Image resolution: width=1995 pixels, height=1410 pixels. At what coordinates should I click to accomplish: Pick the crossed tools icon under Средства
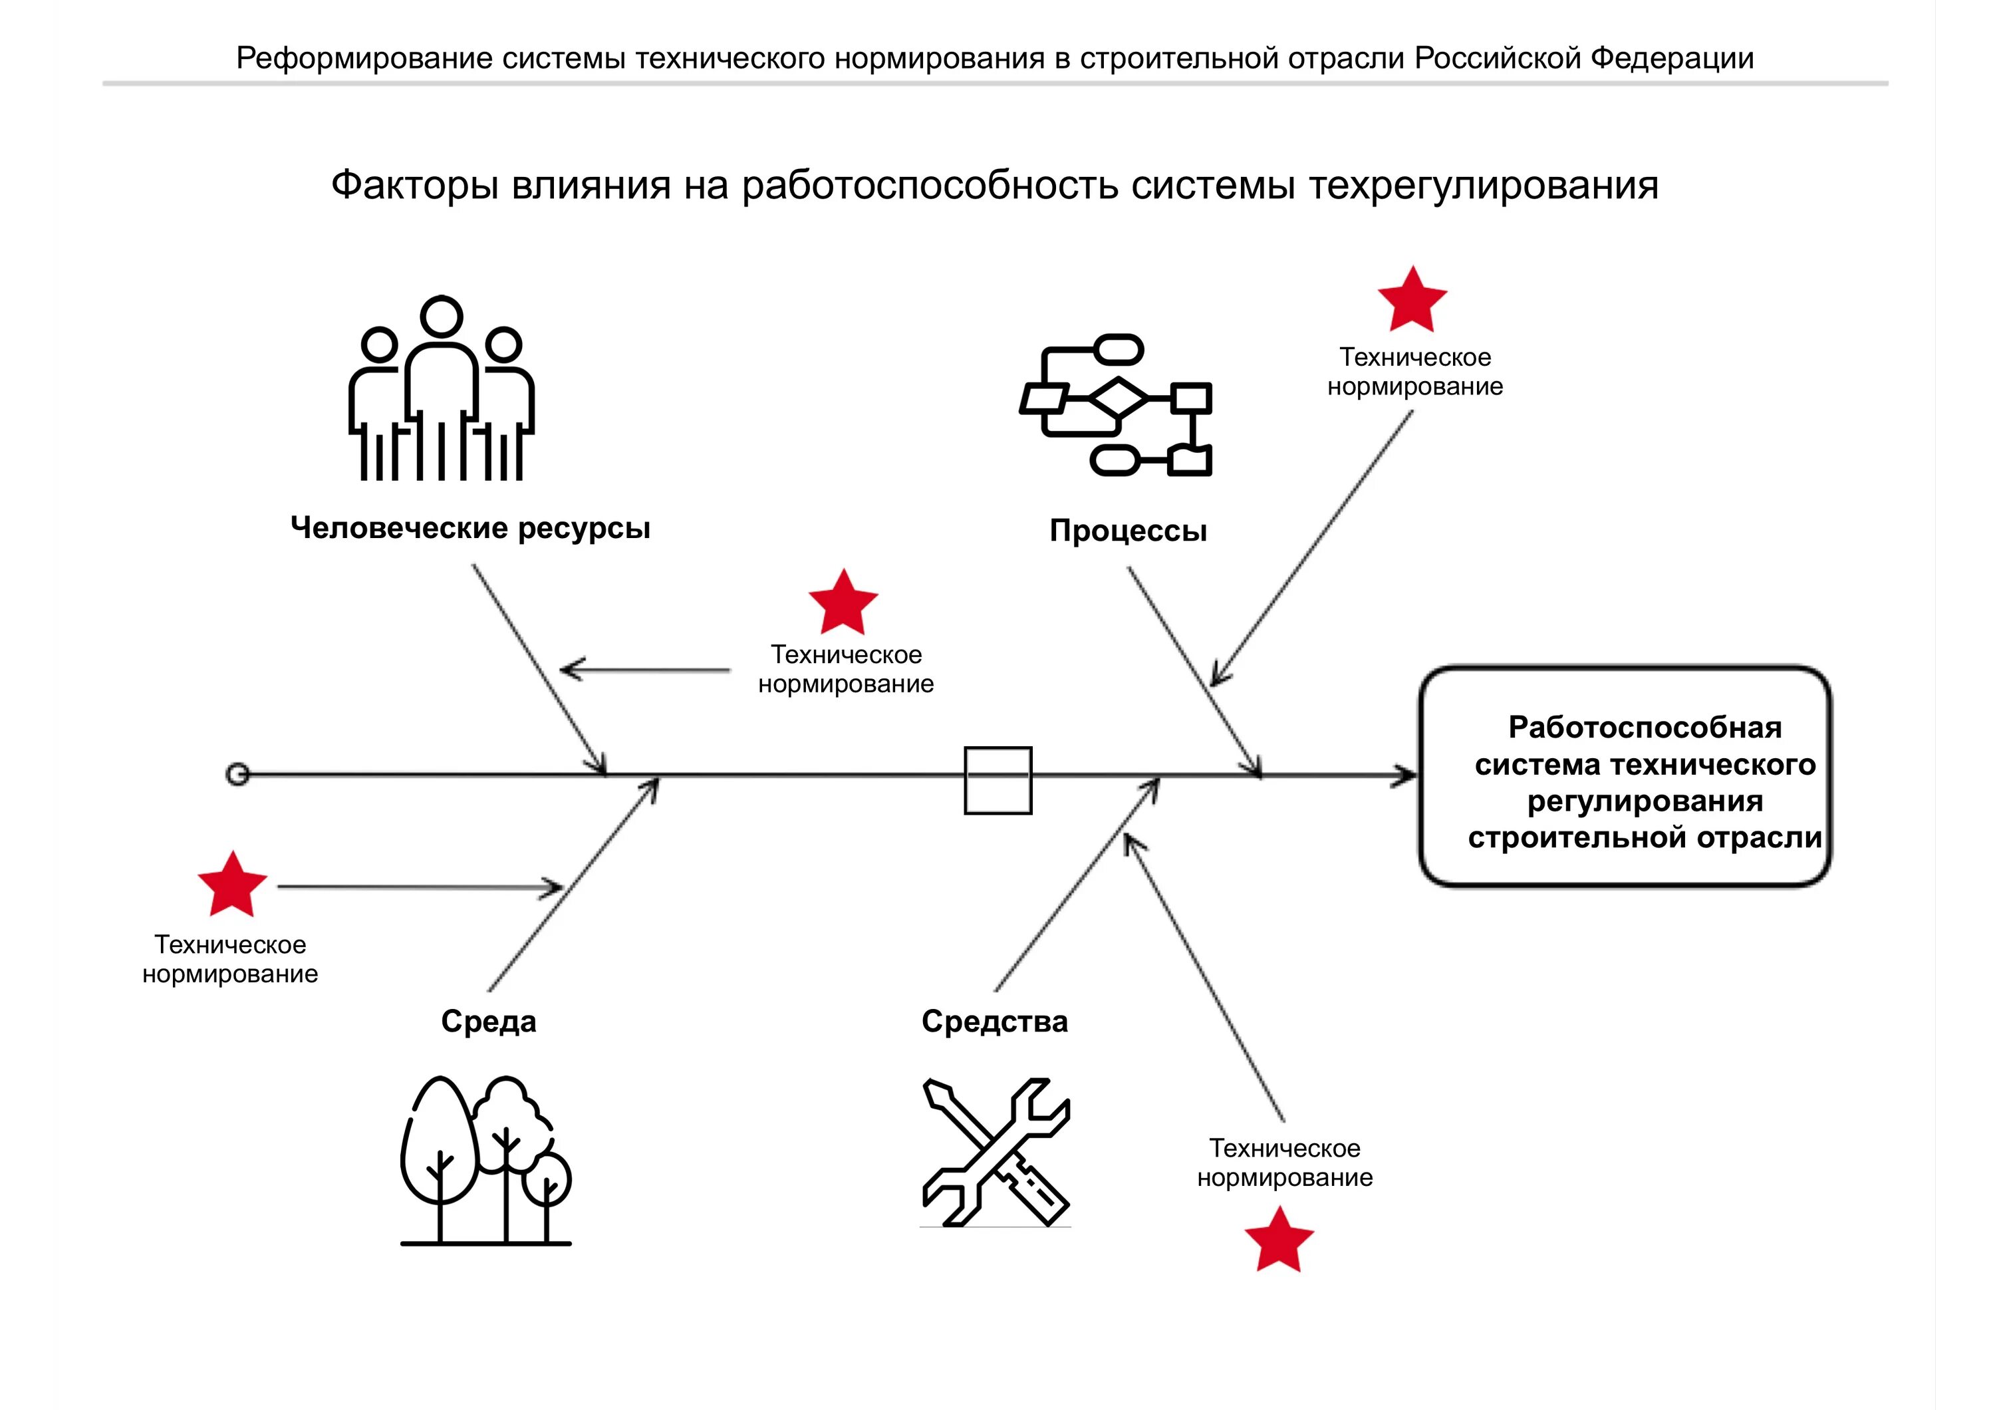click(996, 1152)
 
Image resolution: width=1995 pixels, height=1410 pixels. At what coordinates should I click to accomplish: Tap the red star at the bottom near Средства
click(1279, 1240)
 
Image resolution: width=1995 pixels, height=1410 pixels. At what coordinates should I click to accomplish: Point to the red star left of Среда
click(232, 885)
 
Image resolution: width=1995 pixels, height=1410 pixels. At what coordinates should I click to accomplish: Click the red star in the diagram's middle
click(843, 603)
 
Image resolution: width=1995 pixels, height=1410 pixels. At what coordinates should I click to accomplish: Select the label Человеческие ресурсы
click(470, 527)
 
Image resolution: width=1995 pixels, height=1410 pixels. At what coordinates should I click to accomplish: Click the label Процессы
click(1128, 530)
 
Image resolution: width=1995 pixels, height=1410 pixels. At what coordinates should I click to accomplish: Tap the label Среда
click(488, 1021)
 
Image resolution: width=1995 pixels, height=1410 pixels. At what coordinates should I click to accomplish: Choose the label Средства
click(994, 1021)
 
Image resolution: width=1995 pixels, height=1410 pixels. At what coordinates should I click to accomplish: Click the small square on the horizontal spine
click(997, 780)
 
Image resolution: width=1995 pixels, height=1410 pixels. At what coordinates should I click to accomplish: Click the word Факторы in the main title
click(414, 185)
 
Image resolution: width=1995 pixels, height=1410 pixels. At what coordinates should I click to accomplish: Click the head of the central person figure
click(442, 316)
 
